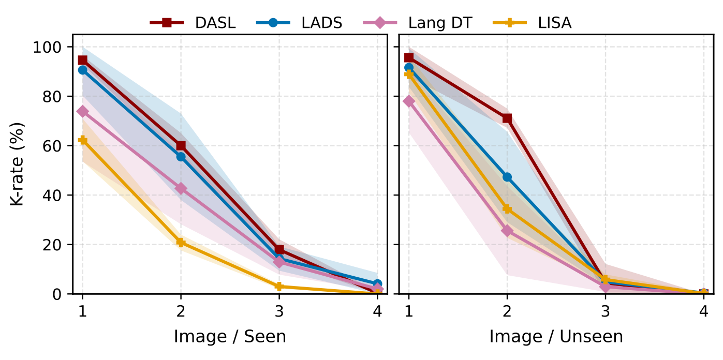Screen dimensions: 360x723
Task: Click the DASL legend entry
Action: click(x=193, y=23)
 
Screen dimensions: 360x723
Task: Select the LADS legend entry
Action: click(x=299, y=23)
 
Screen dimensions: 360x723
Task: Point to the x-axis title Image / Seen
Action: click(x=230, y=337)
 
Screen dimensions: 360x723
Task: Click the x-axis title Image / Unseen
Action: click(x=556, y=337)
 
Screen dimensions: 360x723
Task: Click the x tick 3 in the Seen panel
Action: click(x=279, y=311)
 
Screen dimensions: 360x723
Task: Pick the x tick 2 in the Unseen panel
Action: click(x=507, y=311)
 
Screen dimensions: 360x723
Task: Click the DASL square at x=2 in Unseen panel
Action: click(x=507, y=118)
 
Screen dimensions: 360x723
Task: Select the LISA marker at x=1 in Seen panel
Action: click(x=82, y=140)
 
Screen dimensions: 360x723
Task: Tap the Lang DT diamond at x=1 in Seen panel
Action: click(x=82, y=111)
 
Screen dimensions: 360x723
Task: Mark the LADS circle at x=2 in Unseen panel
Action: click(x=507, y=177)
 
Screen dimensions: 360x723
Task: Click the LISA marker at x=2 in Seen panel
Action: click(x=181, y=242)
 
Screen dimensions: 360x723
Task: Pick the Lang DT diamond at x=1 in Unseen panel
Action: click(x=409, y=101)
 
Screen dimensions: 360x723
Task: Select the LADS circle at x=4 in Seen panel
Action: click(x=377, y=284)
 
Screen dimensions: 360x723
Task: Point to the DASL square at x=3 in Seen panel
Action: click(x=279, y=250)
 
